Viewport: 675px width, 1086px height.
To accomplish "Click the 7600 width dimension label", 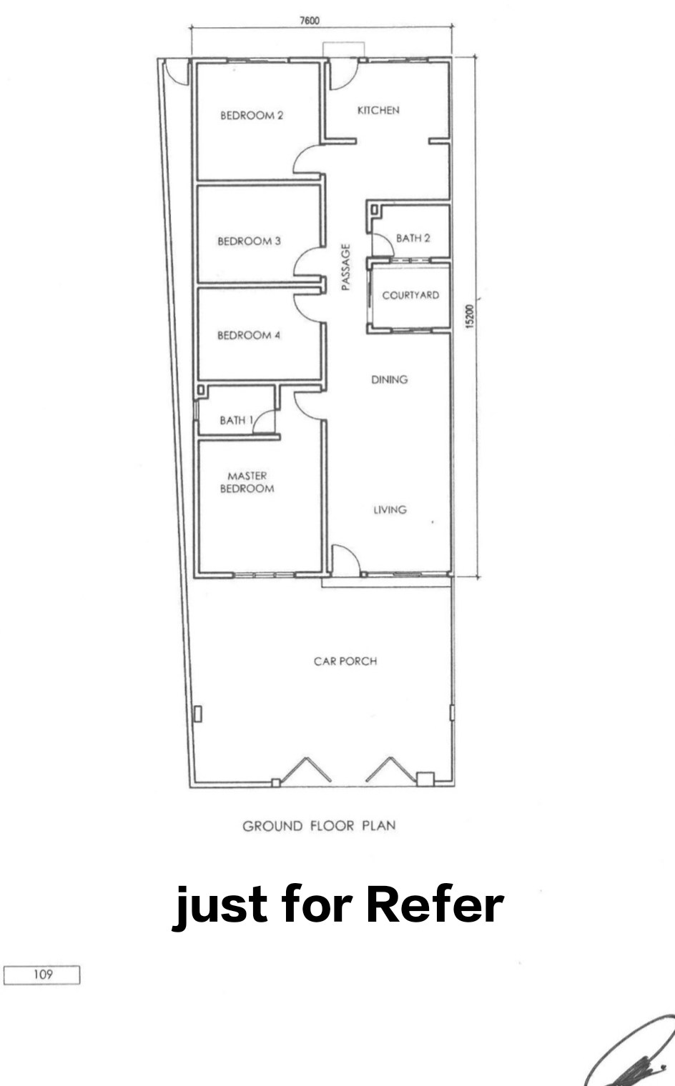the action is pyautogui.click(x=310, y=20).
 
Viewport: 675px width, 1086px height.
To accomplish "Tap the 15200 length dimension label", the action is pyautogui.click(x=469, y=317).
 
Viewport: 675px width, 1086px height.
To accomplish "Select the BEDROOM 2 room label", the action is pyautogui.click(x=252, y=116).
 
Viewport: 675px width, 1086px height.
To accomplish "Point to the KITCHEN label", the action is pyautogui.click(x=378, y=110).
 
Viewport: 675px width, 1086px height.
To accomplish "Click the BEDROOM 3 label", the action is pyautogui.click(x=249, y=241).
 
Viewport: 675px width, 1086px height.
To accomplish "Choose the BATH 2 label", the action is pyautogui.click(x=413, y=238).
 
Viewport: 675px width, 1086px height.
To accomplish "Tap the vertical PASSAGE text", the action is pyautogui.click(x=345, y=267).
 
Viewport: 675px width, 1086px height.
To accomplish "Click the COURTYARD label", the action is pyautogui.click(x=410, y=295).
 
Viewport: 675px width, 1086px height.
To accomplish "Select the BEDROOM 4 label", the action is pyautogui.click(x=248, y=335).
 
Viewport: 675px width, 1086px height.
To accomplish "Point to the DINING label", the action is pyautogui.click(x=390, y=379).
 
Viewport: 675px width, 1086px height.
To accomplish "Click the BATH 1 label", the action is pyautogui.click(x=237, y=420).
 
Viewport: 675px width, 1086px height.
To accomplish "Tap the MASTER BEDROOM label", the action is pyautogui.click(x=247, y=482).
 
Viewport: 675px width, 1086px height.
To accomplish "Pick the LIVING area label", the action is pyautogui.click(x=390, y=509).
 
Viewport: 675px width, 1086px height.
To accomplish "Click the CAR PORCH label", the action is pyautogui.click(x=345, y=662).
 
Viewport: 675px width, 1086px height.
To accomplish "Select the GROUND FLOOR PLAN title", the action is pyautogui.click(x=319, y=826).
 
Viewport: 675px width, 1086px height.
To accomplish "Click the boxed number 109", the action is pyautogui.click(x=43, y=974).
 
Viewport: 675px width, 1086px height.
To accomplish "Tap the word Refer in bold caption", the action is pyautogui.click(x=435, y=905).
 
